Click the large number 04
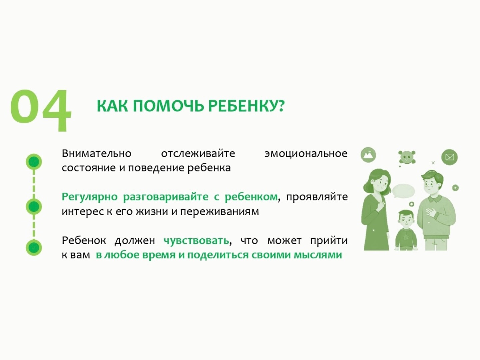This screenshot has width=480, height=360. click(41, 110)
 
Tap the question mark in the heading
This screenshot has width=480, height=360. click(281, 106)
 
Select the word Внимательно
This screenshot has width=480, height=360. click(96, 154)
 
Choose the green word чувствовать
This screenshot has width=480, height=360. click(196, 241)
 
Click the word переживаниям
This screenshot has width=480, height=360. click(219, 212)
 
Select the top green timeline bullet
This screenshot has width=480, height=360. click(34, 162)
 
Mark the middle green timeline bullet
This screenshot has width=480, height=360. click(34, 206)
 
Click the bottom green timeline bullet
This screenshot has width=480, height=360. click(34, 248)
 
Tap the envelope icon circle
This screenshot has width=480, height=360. click(449, 157)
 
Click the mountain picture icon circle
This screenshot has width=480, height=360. click(368, 155)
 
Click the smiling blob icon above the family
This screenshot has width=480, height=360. click(407, 157)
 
